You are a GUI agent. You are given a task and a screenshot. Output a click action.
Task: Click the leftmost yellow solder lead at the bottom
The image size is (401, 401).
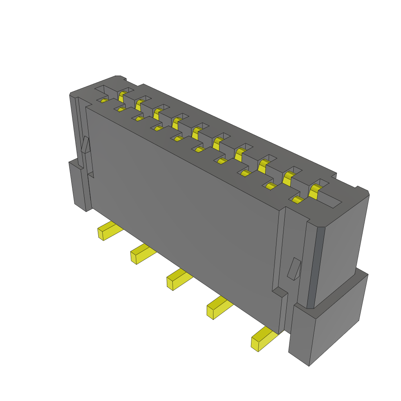point(109,231)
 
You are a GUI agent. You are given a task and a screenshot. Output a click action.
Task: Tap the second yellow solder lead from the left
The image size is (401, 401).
point(142,255)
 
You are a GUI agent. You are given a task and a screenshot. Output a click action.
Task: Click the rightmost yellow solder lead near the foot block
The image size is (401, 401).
point(263,340)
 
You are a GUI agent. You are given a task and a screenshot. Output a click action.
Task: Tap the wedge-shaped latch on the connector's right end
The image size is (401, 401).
point(294,269)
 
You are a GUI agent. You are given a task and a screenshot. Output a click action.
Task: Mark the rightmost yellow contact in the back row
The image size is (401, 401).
point(314,191)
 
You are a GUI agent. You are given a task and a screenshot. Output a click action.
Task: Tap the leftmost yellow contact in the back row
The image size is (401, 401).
point(122,96)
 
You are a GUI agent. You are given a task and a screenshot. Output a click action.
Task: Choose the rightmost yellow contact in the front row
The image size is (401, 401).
point(298,200)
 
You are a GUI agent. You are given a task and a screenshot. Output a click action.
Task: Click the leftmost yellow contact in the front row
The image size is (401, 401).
point(104,101)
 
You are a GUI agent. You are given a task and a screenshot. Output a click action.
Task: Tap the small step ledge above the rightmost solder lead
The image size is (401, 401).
point(280,292)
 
